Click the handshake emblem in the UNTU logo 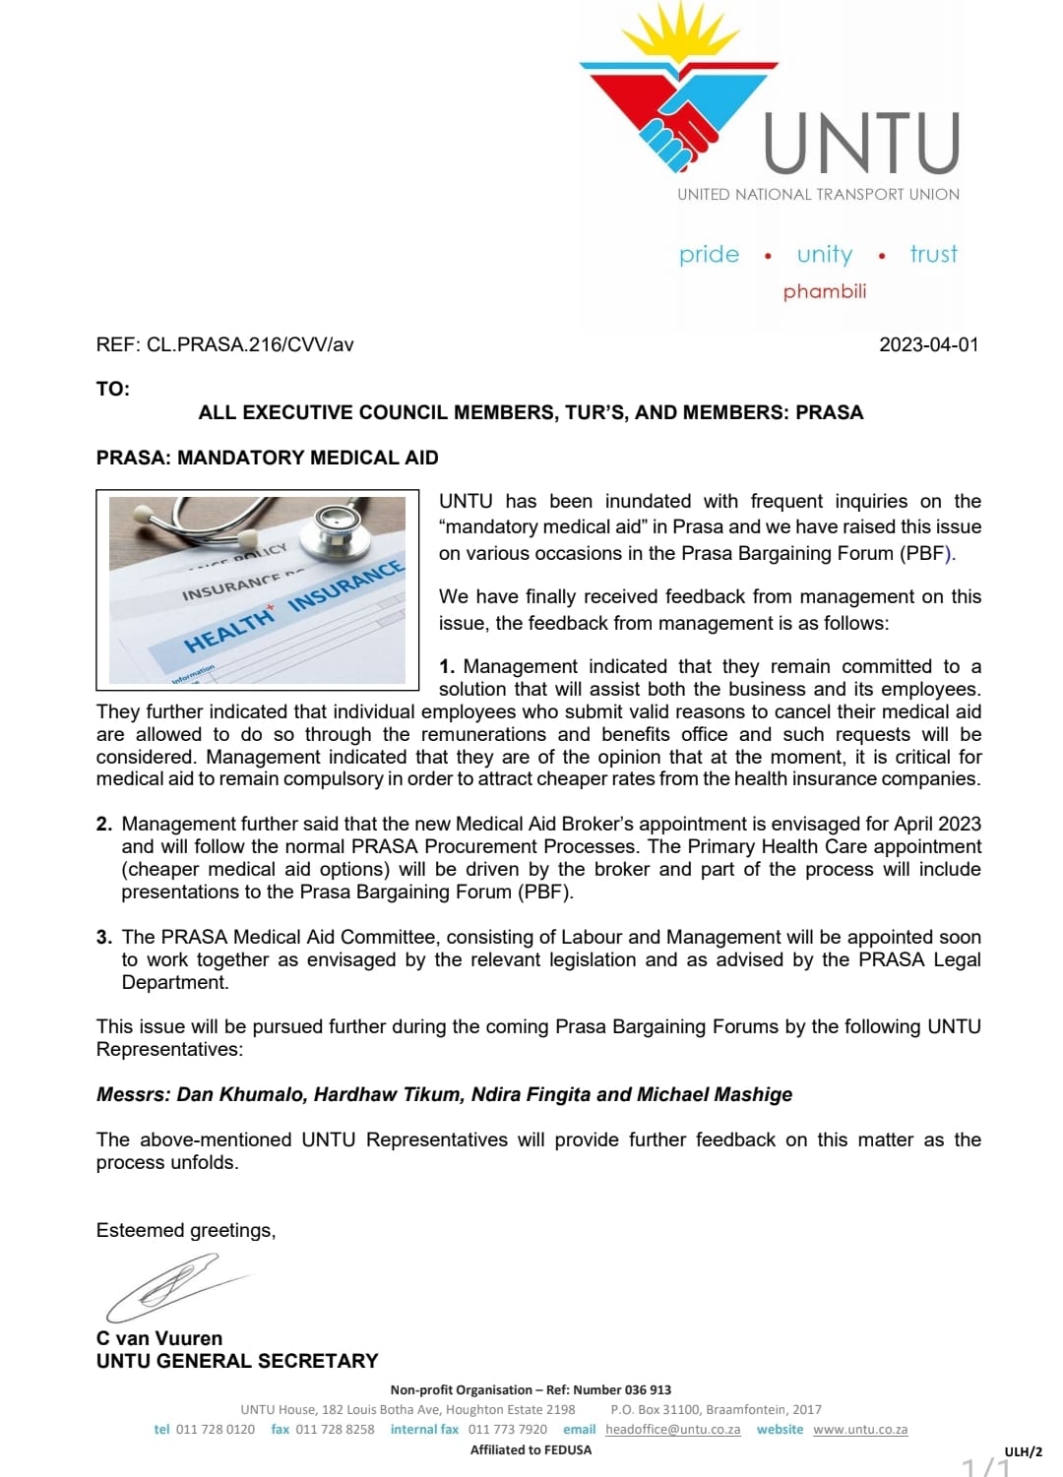[678, 128]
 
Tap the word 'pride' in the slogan [709, 255]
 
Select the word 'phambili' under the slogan [825, 291]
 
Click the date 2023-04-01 [928, 344]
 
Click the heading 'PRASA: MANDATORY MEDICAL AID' [267, 458]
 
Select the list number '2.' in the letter [104, 824]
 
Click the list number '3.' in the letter [104, 937]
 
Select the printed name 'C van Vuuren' [159, 1338]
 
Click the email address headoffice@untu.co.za [672, 1429]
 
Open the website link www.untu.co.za [860, 1429]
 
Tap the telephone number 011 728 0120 [215, 1429]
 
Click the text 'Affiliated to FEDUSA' [531, 1449]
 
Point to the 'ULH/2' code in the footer [1023, 1451]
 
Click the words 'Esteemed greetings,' [186, 1230]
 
